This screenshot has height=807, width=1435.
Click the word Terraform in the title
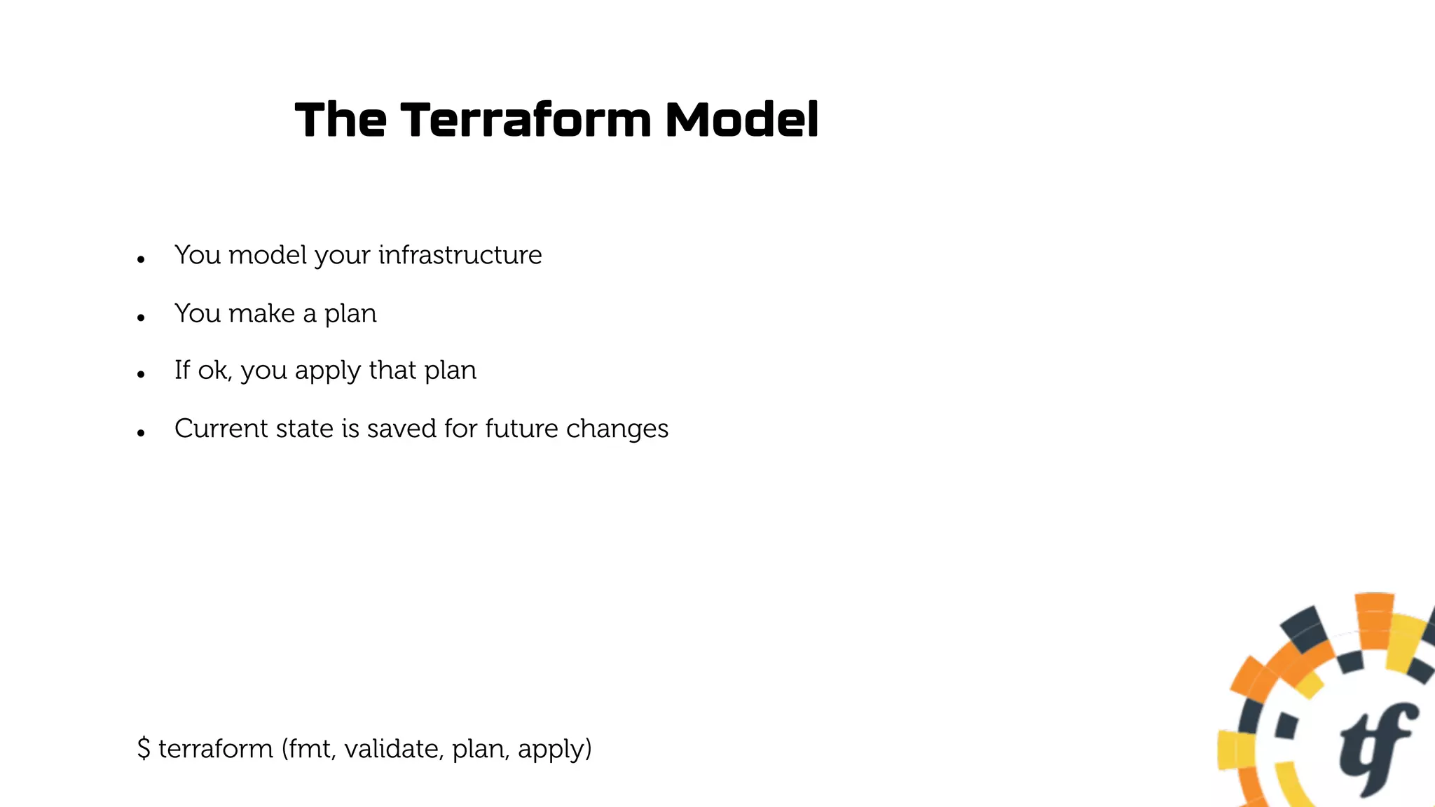pyautogui.click(x=526, y=120)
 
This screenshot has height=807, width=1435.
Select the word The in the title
pyautogui.click(x=340, y=120)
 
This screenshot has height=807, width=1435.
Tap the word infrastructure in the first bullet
pyautogui.click(x=460, y=255)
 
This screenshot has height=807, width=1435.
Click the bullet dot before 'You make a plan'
pyautogui.click(x=141, y=318)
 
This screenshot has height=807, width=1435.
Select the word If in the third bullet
pyautogui.click(x=181, y=370)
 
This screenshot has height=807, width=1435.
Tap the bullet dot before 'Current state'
pyautogui.click(x=141, y=434)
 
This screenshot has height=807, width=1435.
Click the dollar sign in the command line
pyautogui.click(x=144, y=748)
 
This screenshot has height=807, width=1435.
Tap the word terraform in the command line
pyautogui.click(x=215, y=748)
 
